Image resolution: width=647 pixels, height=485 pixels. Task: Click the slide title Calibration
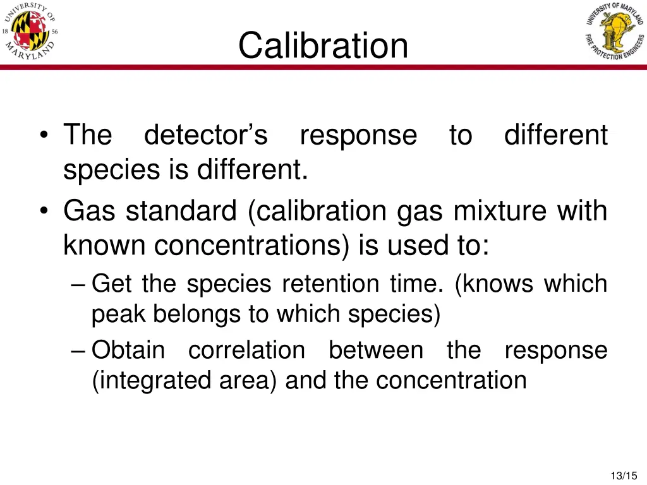click(323, 45)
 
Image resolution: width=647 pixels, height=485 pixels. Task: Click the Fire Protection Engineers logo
click(614, 32)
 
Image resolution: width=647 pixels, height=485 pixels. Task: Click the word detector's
click(206, 135)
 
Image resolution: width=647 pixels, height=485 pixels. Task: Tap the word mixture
click(501, 211)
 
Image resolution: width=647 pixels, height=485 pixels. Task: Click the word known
click(105, 245)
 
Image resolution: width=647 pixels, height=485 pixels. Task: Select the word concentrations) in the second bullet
click(252, 245)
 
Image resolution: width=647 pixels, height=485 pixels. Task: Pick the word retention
click(332, 284)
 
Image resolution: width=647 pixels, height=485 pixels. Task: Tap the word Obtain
click(128, 350)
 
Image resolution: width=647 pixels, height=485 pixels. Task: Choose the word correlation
click(246, 350)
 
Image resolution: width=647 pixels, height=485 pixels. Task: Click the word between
click(376, 350)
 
